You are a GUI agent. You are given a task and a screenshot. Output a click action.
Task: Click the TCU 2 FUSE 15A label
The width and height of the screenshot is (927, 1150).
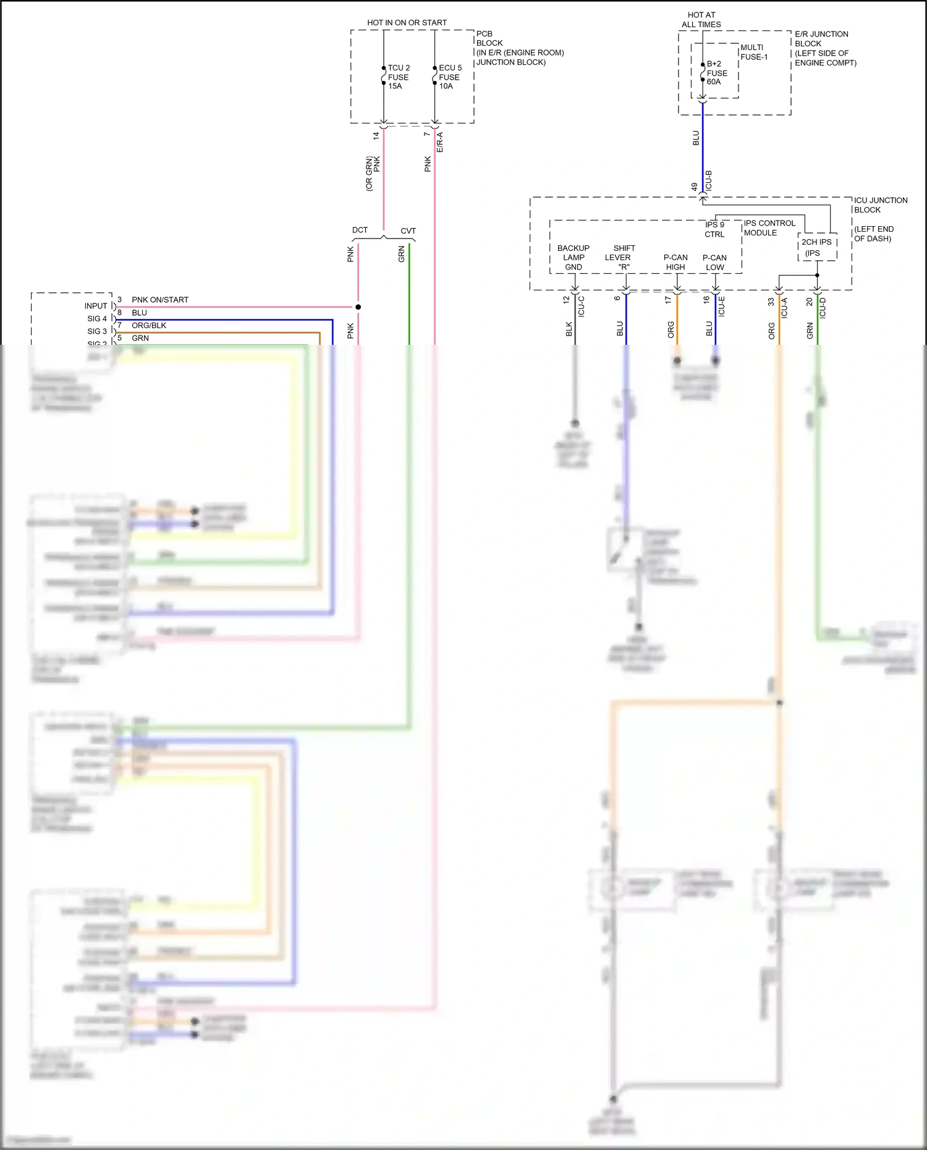[398, 77]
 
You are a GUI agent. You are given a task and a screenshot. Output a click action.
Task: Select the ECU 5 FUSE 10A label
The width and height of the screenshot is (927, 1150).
[449, 77]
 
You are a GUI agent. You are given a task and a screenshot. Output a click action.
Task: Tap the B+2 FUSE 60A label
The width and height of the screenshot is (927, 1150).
[717, 73]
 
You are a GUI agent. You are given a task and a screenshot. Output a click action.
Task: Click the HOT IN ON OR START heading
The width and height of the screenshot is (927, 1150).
[407, 23]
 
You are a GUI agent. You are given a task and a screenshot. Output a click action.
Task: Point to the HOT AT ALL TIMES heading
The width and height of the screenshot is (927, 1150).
[701, 20]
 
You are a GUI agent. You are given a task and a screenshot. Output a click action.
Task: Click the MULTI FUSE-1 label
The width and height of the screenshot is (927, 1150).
[754, 52]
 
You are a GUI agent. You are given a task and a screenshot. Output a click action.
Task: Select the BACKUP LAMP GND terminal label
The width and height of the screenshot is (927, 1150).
[574, 258]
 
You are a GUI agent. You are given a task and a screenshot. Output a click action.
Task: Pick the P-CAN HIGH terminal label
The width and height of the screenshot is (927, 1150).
[675, 262]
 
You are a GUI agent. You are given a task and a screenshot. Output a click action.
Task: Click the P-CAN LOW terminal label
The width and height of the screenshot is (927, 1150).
[714, 262]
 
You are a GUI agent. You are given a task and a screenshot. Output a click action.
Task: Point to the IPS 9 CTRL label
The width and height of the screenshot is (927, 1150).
[714, 229]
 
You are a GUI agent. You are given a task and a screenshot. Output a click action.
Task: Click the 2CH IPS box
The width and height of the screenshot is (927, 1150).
[817, 247]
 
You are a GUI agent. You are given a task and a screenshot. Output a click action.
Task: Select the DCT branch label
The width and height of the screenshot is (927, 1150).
[360, 230]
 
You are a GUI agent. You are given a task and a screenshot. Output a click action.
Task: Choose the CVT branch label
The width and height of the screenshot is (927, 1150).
[408, 230]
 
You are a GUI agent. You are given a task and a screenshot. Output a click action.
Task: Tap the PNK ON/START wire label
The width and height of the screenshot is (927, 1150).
[160, 300]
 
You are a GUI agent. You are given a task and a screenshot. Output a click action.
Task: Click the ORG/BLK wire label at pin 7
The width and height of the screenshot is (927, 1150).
[149, 325]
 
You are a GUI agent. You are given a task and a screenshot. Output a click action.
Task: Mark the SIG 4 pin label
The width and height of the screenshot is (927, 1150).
[97, 318]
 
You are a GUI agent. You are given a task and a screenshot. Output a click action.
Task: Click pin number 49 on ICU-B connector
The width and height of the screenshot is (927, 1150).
[694, 186]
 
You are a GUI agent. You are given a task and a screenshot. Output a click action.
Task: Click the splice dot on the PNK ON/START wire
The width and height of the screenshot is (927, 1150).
[358, 307]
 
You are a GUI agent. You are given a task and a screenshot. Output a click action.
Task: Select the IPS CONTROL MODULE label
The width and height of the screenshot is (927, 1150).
[769, 228]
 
